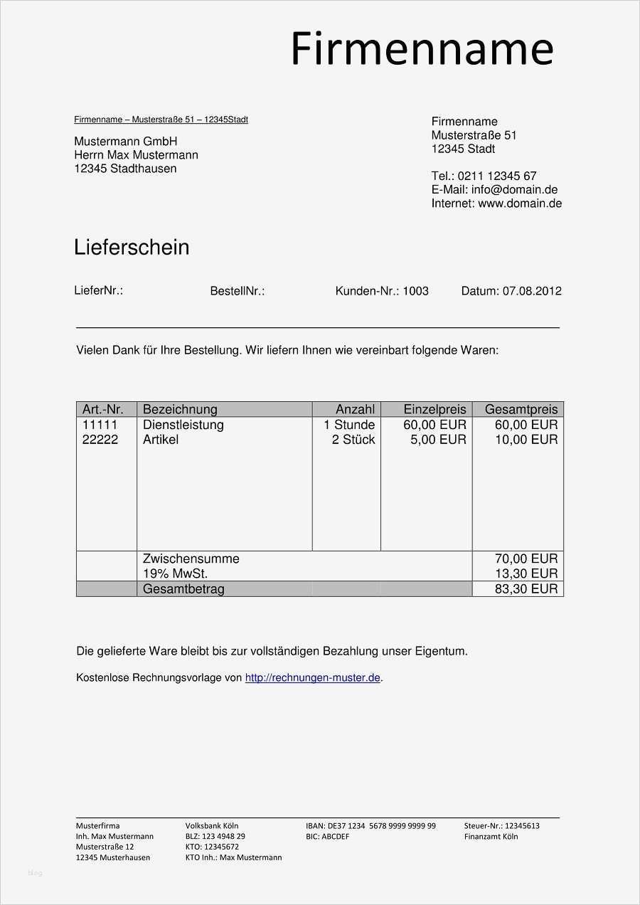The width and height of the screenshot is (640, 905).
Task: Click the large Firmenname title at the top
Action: pyautogui.click(x=422, y=49)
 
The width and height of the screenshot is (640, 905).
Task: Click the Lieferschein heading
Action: pyautogui.click(x=132, y=248)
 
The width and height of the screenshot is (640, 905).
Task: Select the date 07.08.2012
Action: pyautogui.click(x=532, y=291)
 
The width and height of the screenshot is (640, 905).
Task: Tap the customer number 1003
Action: pyautogui.click(x=415, y=291)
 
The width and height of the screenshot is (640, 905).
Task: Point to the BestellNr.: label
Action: pyautogui.click(x=238, y=291)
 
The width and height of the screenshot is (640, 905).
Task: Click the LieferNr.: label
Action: pyautogui.click(x=98, y=290)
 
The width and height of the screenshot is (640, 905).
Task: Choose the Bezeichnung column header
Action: pyautogui.click(x=180, y=409)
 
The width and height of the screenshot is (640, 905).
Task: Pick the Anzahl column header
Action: pyautogui.click(x=355, y=409)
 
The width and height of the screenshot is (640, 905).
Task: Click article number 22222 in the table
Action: pyautogui.click(x=100, y=440)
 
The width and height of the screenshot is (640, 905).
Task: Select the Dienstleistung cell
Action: pyautogui.click(x=183, y=425)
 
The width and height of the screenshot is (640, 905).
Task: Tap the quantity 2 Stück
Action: pyautogui.click(x=353, y=440)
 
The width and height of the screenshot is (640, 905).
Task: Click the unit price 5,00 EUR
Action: pyautogui.click(x=438, y=440)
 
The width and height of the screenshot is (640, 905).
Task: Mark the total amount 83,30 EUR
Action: pyautogui.click(x=526, y=589)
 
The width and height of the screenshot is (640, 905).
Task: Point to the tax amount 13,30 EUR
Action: pyautogui.click(x=526, y=573)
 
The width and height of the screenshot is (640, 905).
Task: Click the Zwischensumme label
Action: pyautogui.click(x=191, y=559)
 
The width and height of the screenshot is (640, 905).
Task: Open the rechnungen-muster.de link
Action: pyautogui.click(x=312, y=678)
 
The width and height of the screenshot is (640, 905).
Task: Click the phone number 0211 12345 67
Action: pyautogui.click(x=497, y=176)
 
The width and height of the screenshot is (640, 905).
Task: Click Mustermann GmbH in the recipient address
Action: pyautogui.click(x=125, y=142)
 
